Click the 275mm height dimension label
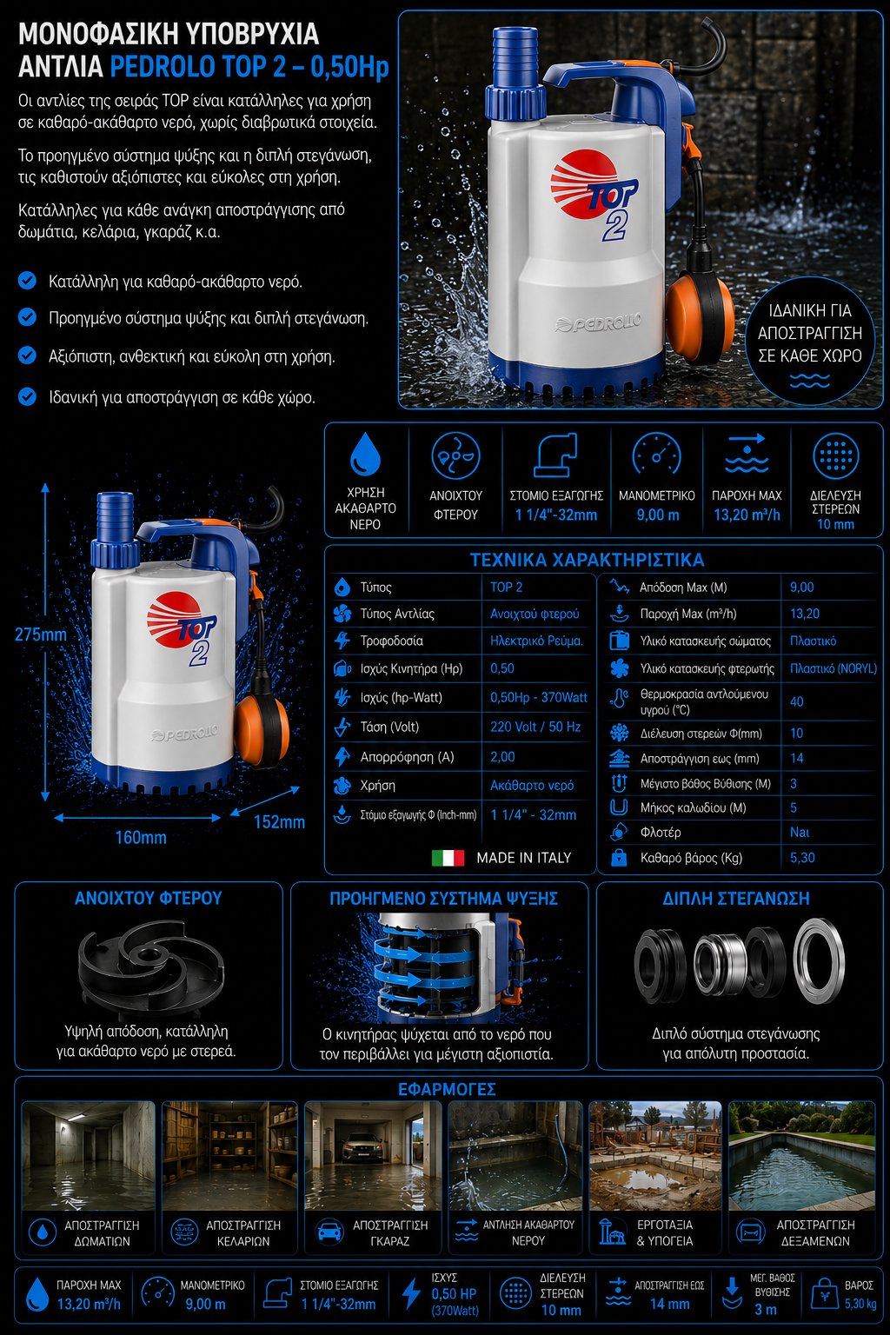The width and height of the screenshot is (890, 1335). pyautogui.click(x=41, y=634)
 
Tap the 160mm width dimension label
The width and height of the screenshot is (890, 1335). pyautogui.click(x=141, y=837)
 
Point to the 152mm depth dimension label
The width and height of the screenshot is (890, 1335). pyautogui.click(x=279, y=822)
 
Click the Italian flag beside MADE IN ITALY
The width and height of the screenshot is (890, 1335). pyautogui.click(x=448, y=858)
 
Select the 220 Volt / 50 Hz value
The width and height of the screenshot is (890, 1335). pyautogui.click(x=535, y=727)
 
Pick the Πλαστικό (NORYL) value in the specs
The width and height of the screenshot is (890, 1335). pyautogui.click(x=834, y=668)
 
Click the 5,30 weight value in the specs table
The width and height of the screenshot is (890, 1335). pyautogui.click(x=802, y=858)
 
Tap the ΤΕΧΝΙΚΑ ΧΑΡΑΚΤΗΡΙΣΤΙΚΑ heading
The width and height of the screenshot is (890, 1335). pyautogui.click(x=588, y=560)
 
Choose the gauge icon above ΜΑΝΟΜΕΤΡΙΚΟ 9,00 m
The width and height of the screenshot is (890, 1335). pyautogui.click(x=656, y=456)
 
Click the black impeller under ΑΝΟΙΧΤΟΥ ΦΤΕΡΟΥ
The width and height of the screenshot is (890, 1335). pyautogui.click(x=151, y=960)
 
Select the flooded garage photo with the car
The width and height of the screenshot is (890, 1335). pyautogui.click(x=373, y=1156)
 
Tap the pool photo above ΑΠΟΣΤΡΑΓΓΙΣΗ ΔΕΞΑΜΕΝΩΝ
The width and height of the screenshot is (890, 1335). pyautogui.click(x=801, y=1156)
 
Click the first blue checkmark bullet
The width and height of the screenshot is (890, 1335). pyautogui.click(x=27, y=280)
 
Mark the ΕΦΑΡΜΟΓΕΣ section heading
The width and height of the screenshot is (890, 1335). pyautogui.click(x=447, y=1089)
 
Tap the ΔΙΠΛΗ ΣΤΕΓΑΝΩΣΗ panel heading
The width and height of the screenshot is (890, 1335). pyautogui.click(x=736, y=898)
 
